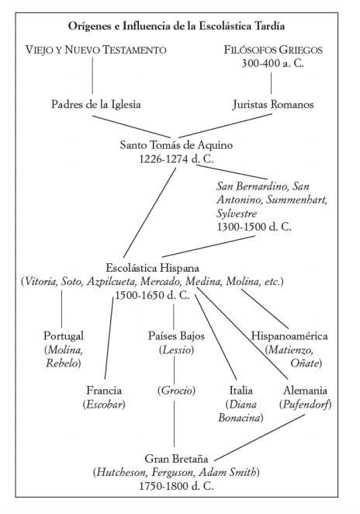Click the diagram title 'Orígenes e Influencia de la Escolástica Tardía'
point(176,26)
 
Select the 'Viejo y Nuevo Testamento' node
point(96,50)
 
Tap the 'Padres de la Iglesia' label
point(96,104)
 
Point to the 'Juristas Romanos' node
point(273,104)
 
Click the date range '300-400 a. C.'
point(272,63)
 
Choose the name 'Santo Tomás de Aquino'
point(176,145)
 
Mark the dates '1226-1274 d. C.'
point(176,159)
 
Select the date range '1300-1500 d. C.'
point(254,227)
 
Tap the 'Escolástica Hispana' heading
point(152,268)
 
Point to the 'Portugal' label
point(64,335)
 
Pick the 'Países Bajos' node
point(176,335)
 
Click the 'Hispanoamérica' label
point(289,336)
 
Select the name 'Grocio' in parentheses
point(176,391)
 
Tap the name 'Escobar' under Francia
point(104,405)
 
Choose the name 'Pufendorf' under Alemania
point(305,405)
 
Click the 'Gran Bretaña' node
point(176,459)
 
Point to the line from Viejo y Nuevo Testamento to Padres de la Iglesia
point(92,76)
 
